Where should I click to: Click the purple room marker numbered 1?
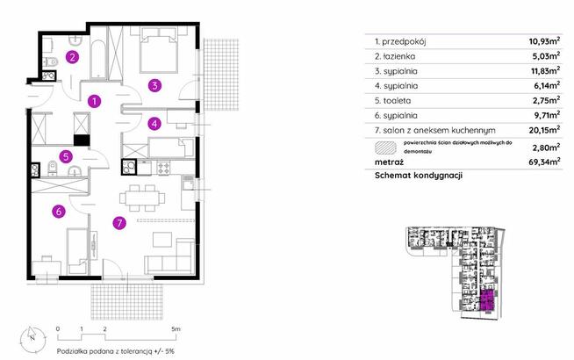(x=94, y=101)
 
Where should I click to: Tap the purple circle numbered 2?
(x=74, y=58)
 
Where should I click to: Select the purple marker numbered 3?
(x=154, y=85)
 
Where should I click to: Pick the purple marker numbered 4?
(x=154, y=124)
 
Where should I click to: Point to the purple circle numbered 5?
(x=66, y=157)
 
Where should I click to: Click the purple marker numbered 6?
(x=57, y=211)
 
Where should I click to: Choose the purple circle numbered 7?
(x=118, y=224)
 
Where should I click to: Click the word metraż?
(x=389, y=162)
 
